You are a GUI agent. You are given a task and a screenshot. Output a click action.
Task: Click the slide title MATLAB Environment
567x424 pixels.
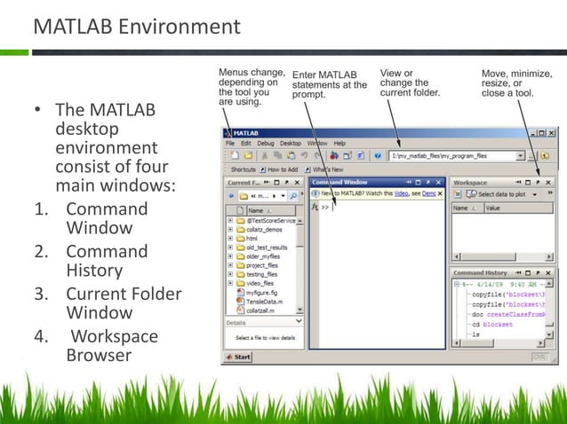pyautogui.click(x=136, y=27)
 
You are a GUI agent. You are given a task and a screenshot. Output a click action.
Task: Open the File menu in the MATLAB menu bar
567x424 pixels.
pyautogui.click(x=230, y=142)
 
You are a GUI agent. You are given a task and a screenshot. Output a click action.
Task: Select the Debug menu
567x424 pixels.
pyautogui.click(x=266, y=142)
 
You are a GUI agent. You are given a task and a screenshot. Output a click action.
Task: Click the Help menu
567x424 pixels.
pyautogui.click(x=339, y=142)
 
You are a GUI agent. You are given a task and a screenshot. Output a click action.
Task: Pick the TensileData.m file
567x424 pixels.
pyautogui.click(x=264, y=302)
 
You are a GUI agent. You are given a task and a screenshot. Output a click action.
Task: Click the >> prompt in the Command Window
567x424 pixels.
pyautogui.click(x=326, y=207)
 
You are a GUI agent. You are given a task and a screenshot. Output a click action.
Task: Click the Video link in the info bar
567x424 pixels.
pyautogui.click(x=402, y=193)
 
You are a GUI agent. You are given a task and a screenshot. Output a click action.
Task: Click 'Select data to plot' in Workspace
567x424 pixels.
pyautogui.click(x=502, y=193)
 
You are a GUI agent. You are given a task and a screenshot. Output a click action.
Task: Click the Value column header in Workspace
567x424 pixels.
pyautogui.click(x=493, y=208)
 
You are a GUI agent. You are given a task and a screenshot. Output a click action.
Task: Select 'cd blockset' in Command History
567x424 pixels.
pyautogui.click(x=500, y=325)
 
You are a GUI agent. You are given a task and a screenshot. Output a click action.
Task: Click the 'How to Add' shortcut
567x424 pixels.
pyautogui.click(x=283, y=169)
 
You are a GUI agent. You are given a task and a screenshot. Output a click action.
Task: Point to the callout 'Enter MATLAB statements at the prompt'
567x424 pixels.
pyautogui.click(x=328, y=85)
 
